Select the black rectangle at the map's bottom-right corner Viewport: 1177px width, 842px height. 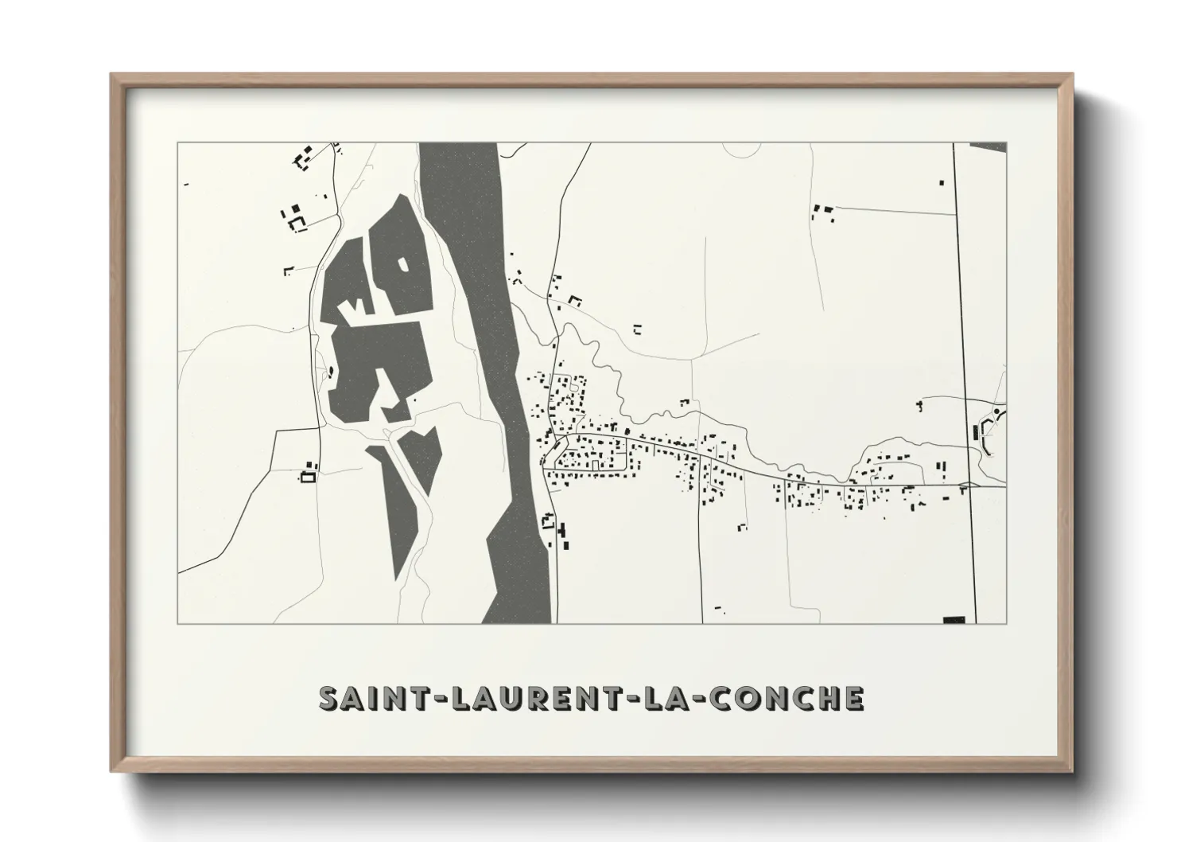coord(954,619)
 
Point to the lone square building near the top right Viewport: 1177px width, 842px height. coord(942,182)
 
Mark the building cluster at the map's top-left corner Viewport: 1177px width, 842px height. coord(303,158)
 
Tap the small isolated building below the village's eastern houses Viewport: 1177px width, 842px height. coord(742,526)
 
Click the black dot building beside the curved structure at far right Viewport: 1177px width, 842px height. coord(996,411)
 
